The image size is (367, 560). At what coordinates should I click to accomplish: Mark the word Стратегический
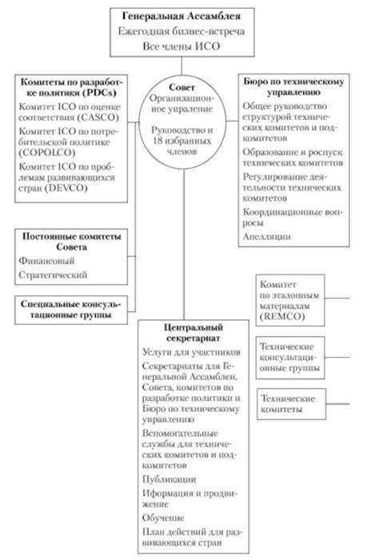(52, 276)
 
